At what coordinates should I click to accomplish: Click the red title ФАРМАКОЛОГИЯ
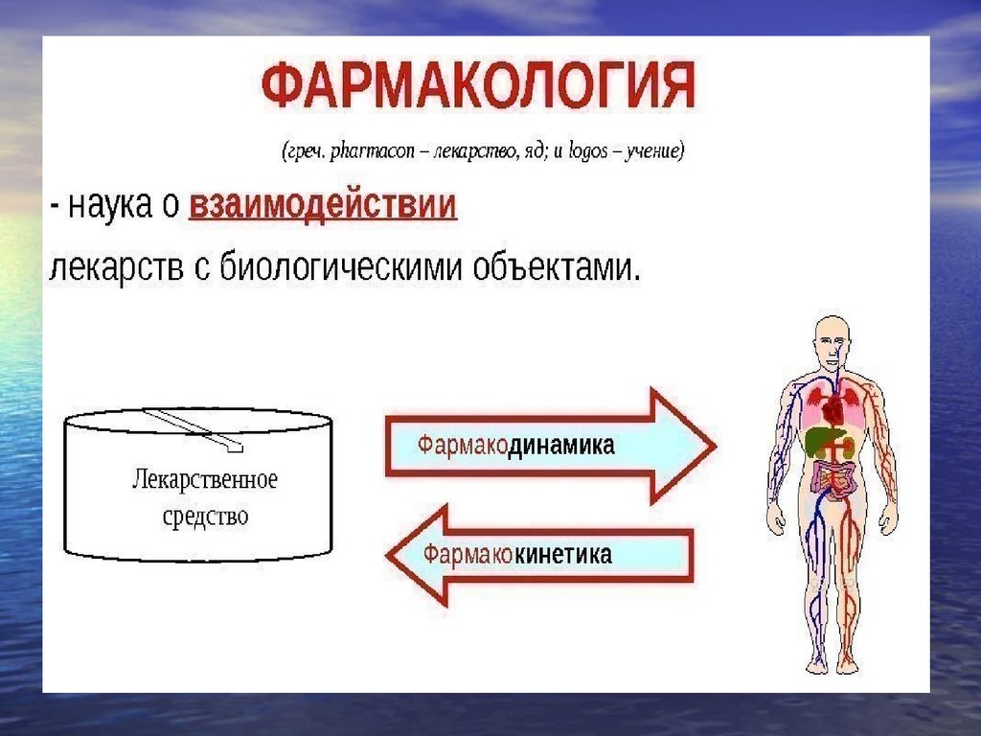point(478,88)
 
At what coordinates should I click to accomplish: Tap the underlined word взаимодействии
point(323,207)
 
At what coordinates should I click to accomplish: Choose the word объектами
point(556,264)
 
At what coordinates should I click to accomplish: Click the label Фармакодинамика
point(515,445)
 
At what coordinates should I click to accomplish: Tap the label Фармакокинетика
point(518,554)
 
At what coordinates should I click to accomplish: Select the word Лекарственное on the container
point(204,479)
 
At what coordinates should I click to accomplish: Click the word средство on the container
point(205,517)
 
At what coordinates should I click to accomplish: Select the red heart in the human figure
point(834,412)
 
